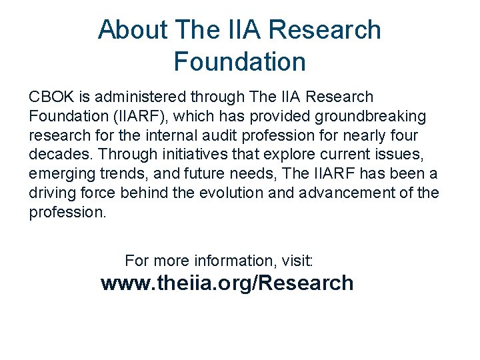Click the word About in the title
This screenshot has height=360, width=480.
click(x=132, y=30)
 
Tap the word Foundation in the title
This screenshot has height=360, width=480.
click(x=239, y=62)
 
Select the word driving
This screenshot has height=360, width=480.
click(x=52, y=194)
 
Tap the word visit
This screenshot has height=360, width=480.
click(x=303, y=260)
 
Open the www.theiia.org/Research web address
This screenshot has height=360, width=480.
click(x=227, y=283)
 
